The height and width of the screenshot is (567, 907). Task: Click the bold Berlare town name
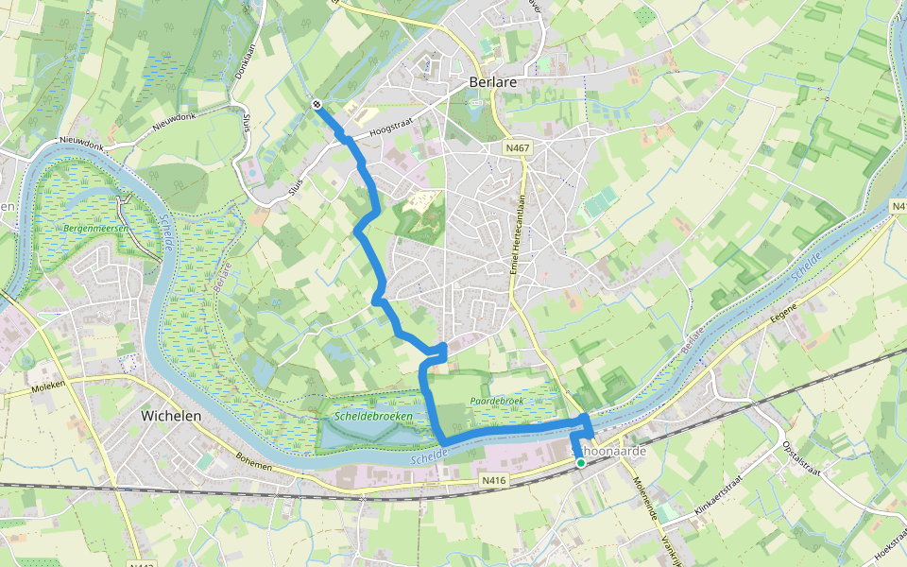tap(492, 82)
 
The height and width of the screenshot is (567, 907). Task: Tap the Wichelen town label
tap(173, 415)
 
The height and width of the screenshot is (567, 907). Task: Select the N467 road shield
tap(517, 148)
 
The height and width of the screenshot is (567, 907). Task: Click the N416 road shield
tap(494, 480)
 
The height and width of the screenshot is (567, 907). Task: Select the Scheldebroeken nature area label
tap(371, 416)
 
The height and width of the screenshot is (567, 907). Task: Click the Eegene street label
tap(784, 312)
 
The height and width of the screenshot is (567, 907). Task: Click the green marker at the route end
tap(580, 463)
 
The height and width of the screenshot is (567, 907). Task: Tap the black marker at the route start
tap(317, 105)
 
